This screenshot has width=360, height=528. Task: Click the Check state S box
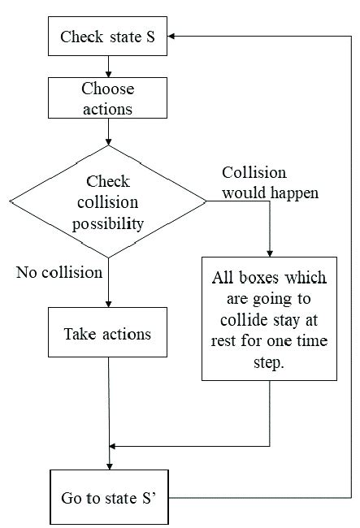tap(108, 37)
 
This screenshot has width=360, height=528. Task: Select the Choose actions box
tap(108, 98)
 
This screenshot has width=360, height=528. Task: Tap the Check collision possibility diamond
tap(108, 201)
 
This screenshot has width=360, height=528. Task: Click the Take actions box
tap(108, 334)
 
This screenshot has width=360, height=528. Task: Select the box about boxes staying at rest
tap(269, 318)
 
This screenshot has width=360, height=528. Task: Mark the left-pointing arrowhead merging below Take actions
tap(115, 445)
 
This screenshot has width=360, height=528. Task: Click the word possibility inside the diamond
tap(108, 222)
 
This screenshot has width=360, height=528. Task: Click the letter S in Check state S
tap(150, 37)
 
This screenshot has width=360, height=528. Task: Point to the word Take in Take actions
tap(80, 334)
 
